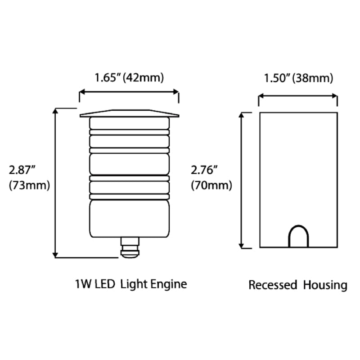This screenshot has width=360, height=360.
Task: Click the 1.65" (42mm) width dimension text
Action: [x=129, y=77]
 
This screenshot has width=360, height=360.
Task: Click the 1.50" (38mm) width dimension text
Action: [x=298, y=79]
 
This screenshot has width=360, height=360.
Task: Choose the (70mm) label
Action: [x=211, y=185]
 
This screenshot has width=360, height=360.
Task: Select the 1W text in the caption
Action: [x=82, y=284]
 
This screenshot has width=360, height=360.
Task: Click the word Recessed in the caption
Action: [x=273, y=285]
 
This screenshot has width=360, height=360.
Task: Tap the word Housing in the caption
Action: [x=325, y=285]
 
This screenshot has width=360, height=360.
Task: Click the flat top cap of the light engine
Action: [x=129, y=113]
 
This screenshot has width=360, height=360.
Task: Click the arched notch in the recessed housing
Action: [x=298, y=236]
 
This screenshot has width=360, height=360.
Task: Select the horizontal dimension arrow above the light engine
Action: [x=129, y=92]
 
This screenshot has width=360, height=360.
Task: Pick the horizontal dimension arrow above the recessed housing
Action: [x=298, y=95]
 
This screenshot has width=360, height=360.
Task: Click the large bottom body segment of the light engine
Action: [x=130, y=219]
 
